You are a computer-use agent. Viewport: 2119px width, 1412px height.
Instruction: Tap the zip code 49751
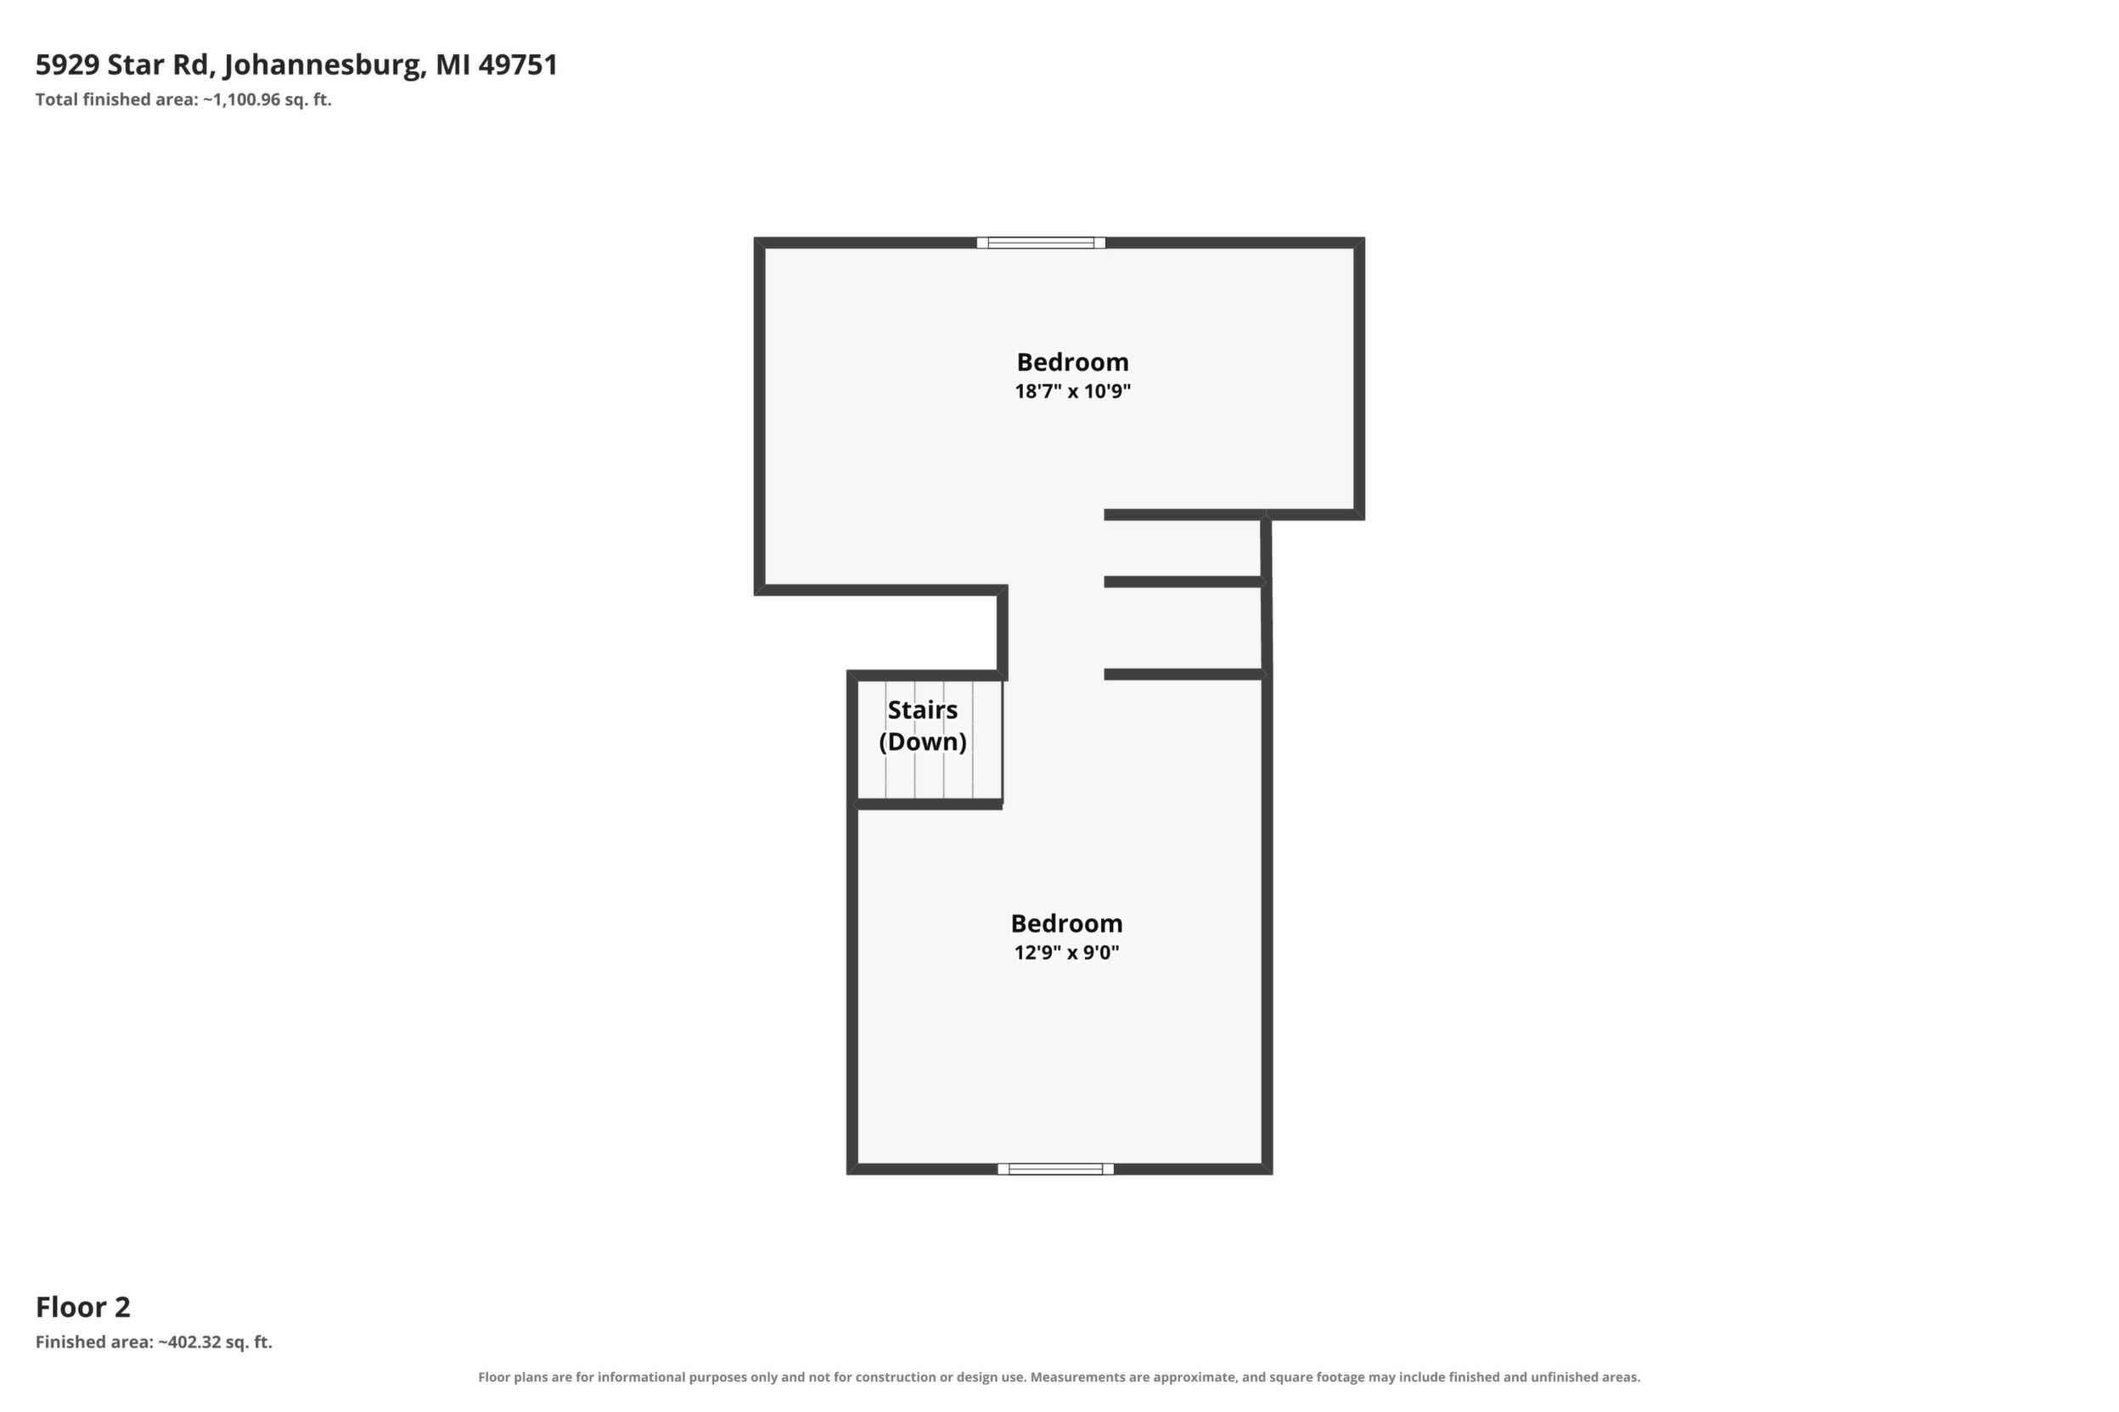[x=518, y=64]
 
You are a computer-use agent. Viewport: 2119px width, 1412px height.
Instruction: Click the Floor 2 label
[x=83, y=1307]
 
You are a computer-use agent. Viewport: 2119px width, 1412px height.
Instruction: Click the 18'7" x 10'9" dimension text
[x=1072, y=391]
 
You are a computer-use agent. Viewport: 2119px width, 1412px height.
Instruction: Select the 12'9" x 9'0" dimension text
[x=1065, y=952]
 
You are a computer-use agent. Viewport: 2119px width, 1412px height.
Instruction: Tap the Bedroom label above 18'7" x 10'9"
[x=1072, y=362]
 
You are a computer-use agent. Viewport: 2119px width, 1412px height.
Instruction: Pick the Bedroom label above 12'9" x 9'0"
[x=1065, y=923]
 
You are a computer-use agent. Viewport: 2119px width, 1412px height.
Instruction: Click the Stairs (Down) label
[x=923, y=726]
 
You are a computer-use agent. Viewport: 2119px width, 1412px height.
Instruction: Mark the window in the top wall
[x=1041, y=242]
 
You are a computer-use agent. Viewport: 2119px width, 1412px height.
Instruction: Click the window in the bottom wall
[x=1055, y=1168]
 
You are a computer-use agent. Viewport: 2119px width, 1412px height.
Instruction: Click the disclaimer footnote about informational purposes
[x=1059, y=1377]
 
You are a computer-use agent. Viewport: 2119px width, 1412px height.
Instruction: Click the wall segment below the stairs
[x=928, y=804]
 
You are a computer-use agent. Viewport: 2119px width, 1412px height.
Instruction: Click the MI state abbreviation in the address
[x=452, y=64]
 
